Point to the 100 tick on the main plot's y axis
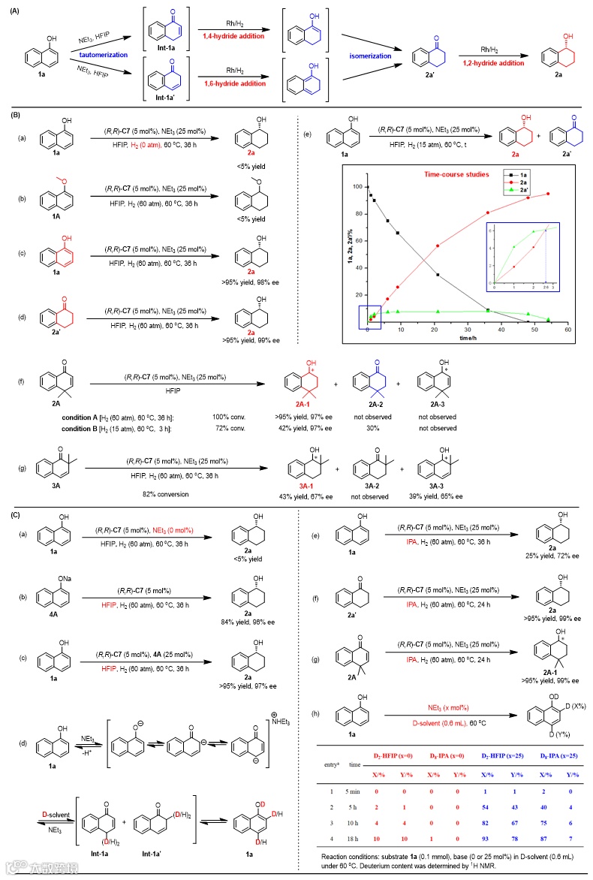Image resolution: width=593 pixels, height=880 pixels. [357, 187]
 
